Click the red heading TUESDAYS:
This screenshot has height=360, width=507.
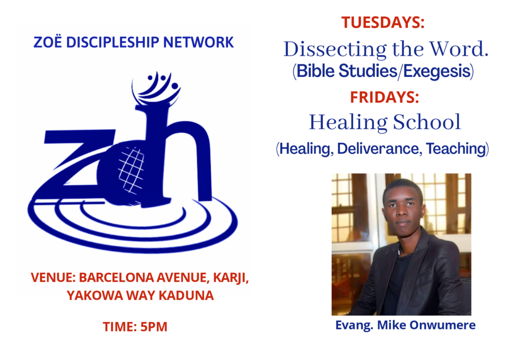(383, 23)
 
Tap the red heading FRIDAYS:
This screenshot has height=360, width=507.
(384, 97)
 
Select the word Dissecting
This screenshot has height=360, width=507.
(335, 50)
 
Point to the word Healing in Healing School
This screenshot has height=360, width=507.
(348, 123)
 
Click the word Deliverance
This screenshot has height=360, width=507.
(379, 149)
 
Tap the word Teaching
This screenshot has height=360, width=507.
(456, 149)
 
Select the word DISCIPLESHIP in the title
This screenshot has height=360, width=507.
(112, 43)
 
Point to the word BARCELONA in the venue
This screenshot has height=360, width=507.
(116, 277)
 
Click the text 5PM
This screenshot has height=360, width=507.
(154, 327)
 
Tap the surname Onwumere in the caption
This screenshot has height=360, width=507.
(443, 325)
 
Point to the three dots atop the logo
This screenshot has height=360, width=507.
(162, 80)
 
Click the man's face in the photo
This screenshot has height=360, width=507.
(403, 208)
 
